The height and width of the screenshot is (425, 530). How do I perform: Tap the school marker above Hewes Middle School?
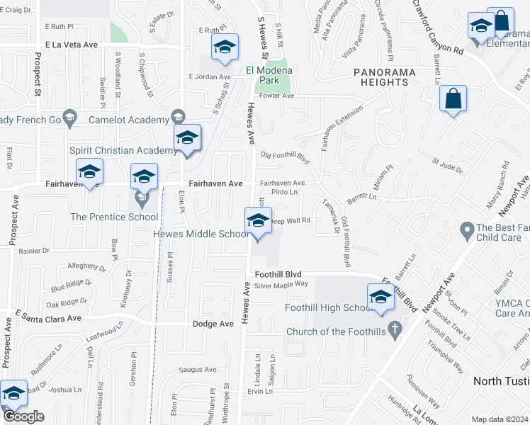[258, 220]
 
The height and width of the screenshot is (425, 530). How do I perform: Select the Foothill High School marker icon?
[380, 297]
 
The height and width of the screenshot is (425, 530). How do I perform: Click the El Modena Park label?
[269, 75]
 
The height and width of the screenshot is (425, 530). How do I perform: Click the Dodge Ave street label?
[213, 324]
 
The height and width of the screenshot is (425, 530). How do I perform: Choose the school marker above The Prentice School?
[144, 177]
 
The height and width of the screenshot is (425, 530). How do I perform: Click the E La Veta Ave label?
[71, 44]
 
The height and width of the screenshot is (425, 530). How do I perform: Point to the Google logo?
[23, 416]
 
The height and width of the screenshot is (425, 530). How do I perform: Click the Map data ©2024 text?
[499, 419]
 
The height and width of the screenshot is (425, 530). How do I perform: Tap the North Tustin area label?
[500, 380]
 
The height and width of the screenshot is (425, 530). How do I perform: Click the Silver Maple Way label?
[281, 285]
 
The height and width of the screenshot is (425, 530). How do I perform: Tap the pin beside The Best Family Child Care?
[467, 230]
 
